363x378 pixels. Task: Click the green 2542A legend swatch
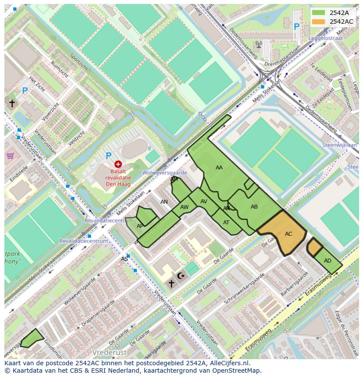319,13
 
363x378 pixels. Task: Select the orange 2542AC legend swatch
319,22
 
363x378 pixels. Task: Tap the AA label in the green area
219,168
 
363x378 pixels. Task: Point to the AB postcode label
254,207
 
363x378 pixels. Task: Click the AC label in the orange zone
288,234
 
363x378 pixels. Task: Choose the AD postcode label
327,261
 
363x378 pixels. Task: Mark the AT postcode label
226,223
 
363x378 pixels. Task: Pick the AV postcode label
204,202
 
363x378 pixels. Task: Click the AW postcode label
185,207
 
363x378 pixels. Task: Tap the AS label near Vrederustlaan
125,259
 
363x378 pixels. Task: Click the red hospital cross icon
118,164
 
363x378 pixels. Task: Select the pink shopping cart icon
10,155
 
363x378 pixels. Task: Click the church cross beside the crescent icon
171,284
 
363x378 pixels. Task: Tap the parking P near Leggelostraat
296,27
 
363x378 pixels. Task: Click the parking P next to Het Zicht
25,91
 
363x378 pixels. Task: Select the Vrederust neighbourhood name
109,353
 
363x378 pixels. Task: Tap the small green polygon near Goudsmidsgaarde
32,338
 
